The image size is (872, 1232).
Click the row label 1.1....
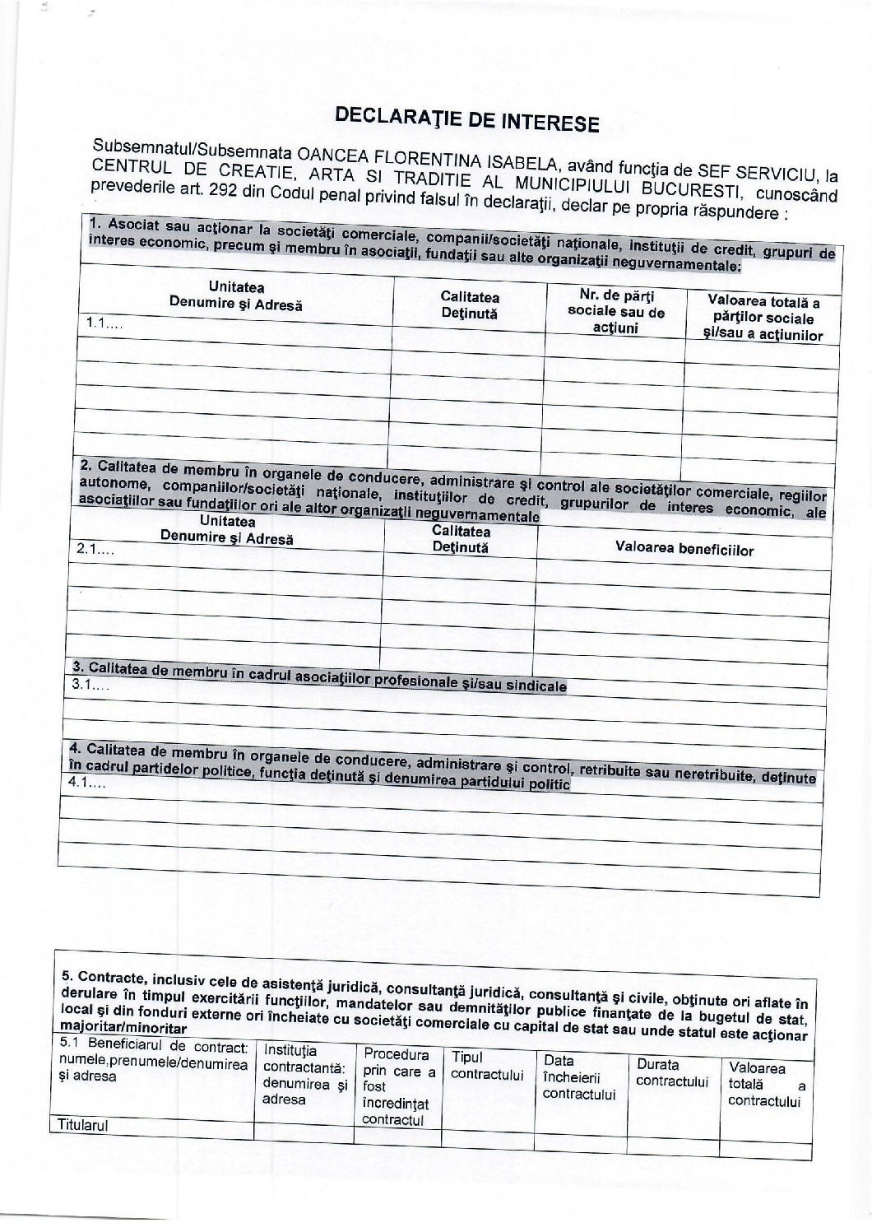[100, 324]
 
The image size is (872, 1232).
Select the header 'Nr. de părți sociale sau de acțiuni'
[616, 312]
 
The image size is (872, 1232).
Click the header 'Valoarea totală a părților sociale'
[763, 318]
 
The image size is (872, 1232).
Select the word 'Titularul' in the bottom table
[82, 1125]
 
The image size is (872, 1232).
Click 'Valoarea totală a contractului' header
[765, 1084]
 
